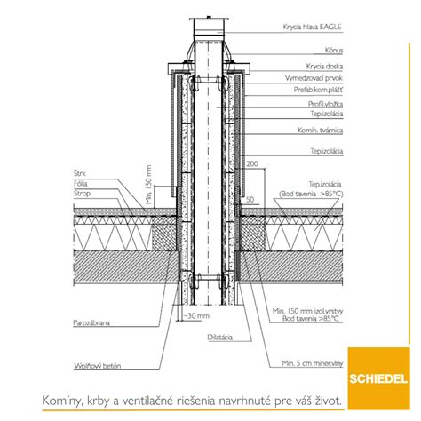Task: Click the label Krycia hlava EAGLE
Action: click(313, 27)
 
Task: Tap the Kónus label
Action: click(334, 51)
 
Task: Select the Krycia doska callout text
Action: click(324, 67)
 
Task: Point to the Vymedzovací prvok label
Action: click(314, 78)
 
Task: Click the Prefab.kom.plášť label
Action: click(318, 90)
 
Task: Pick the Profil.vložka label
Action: click(325, 104)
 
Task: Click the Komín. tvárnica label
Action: click(321, 131)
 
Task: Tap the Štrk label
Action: click(80, 173)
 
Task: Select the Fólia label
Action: click(81, 184)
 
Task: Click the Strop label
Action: click(82, 194)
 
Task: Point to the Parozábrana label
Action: click(91, 322)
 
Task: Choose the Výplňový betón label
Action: click(98, 366)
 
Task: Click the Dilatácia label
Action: click(220, 338)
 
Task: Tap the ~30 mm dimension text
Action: click(196, 316)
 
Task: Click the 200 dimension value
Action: click(252, 163)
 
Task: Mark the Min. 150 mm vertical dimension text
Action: click(148, 185)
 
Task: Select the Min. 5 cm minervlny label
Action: click(313, 363)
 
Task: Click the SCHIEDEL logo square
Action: click(379, 378)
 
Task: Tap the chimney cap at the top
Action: click(209, 26)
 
